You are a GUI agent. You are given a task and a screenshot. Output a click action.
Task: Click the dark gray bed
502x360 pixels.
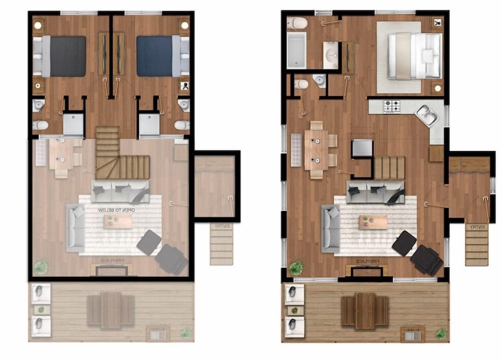pos(64,56)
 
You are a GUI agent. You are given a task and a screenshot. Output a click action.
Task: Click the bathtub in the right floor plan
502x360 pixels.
pos(296,50)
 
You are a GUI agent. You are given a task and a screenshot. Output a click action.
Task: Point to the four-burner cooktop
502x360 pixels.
pos(392,106)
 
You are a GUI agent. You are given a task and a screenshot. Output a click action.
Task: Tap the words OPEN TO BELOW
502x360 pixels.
pos(117,210)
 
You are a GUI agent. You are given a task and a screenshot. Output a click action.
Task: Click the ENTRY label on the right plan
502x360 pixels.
pos(478,227)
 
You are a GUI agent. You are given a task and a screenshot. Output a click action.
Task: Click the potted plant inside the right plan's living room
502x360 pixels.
pos(296,268)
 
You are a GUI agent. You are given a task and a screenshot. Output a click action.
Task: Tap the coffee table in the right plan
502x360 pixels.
pos(373,222)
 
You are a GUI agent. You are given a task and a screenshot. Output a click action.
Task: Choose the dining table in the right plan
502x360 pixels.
pos(316,149)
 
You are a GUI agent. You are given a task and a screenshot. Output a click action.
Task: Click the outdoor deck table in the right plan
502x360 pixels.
pos(365,311)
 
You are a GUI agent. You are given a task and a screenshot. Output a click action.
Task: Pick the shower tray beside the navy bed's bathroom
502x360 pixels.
pos(150,125)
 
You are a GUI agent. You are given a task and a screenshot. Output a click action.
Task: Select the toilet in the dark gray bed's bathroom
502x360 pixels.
pos(40,125)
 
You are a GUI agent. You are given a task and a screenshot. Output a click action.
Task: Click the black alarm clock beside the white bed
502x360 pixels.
pos(437,23)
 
